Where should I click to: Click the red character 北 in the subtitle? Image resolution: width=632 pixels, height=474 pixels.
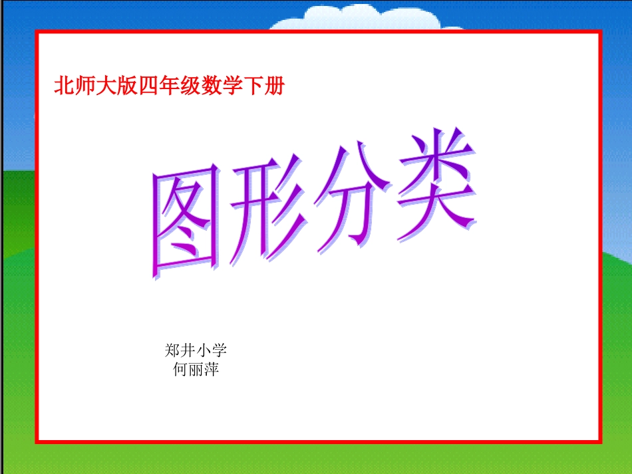(x=64, y=86)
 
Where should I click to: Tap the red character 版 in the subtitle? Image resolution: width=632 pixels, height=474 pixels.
(x=126, y=86)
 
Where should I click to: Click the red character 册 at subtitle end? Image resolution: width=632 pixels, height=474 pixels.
(x=274, y=86)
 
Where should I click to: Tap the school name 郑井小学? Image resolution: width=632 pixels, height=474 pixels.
(x=196, y=350)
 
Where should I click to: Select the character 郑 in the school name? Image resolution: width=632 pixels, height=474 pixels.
(x=172, y=350)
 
